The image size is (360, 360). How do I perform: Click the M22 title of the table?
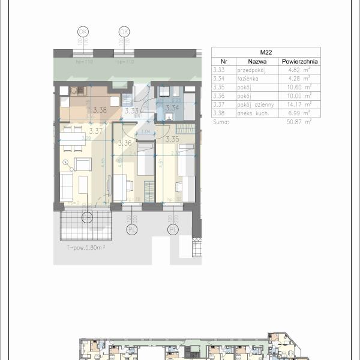tap(266, 52)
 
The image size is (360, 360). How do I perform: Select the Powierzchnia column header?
tap(299, 61)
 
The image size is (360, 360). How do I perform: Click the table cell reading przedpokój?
tap(248, 70)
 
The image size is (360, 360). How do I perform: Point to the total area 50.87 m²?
tap(298, 121)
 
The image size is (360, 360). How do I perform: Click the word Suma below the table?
tap(221, 121)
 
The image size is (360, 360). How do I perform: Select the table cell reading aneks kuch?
tap(249, 113)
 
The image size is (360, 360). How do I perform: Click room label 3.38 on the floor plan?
tap(100, 110)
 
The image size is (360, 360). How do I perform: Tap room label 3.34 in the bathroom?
tap(172, 108)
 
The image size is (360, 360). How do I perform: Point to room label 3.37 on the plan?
tap(95, 131)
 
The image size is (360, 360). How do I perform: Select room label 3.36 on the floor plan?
tap(125, 143)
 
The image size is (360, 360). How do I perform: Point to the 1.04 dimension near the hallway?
tap(145, 131)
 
